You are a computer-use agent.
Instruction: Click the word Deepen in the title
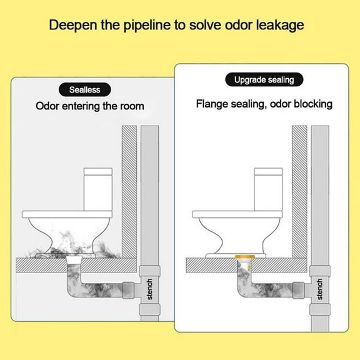[x=71, y=26]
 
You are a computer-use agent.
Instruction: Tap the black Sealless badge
[x=85, y=90]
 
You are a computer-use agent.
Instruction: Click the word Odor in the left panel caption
[x=47, y=106]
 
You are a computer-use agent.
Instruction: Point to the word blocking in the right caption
[x=311, y=104]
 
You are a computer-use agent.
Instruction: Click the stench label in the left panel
[x=150, y=289]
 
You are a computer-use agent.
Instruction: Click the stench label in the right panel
[x=320, y=289]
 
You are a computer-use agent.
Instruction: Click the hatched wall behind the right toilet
[x=299, y=187]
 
